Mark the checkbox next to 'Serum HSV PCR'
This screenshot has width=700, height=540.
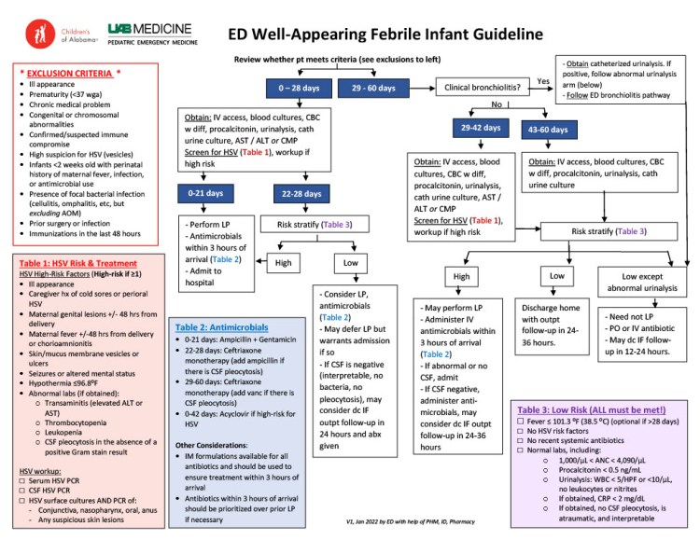coord(22,480)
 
